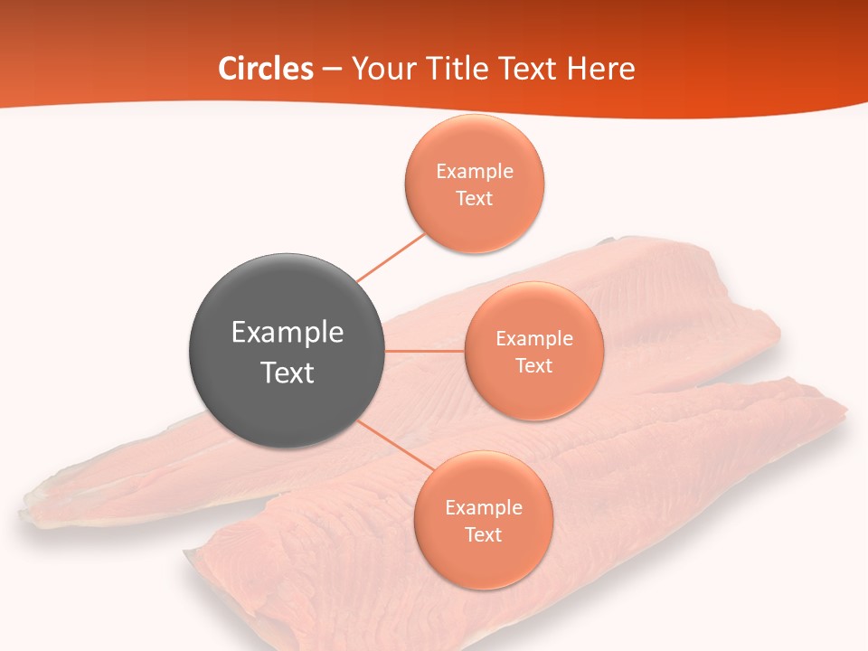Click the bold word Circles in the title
(x=266, y=69)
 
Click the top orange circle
(x=474, y=184)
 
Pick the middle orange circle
(x=533, y=351)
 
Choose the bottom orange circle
(x=483, y=520)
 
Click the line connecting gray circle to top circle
(x=391, y=258)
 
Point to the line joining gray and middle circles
(x=425, y=351)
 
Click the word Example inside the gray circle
(x=288, y=332)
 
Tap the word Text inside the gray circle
(x=288, y=373)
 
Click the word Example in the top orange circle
(x=474, y=171)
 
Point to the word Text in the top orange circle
(x=474, y=198)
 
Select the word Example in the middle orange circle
(x=533, y=338)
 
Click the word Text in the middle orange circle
(x=533, y=365)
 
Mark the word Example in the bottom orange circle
(x=483, y=507)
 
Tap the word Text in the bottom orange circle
(x=483, y=534)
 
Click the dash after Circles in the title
(x=332, y=70)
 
